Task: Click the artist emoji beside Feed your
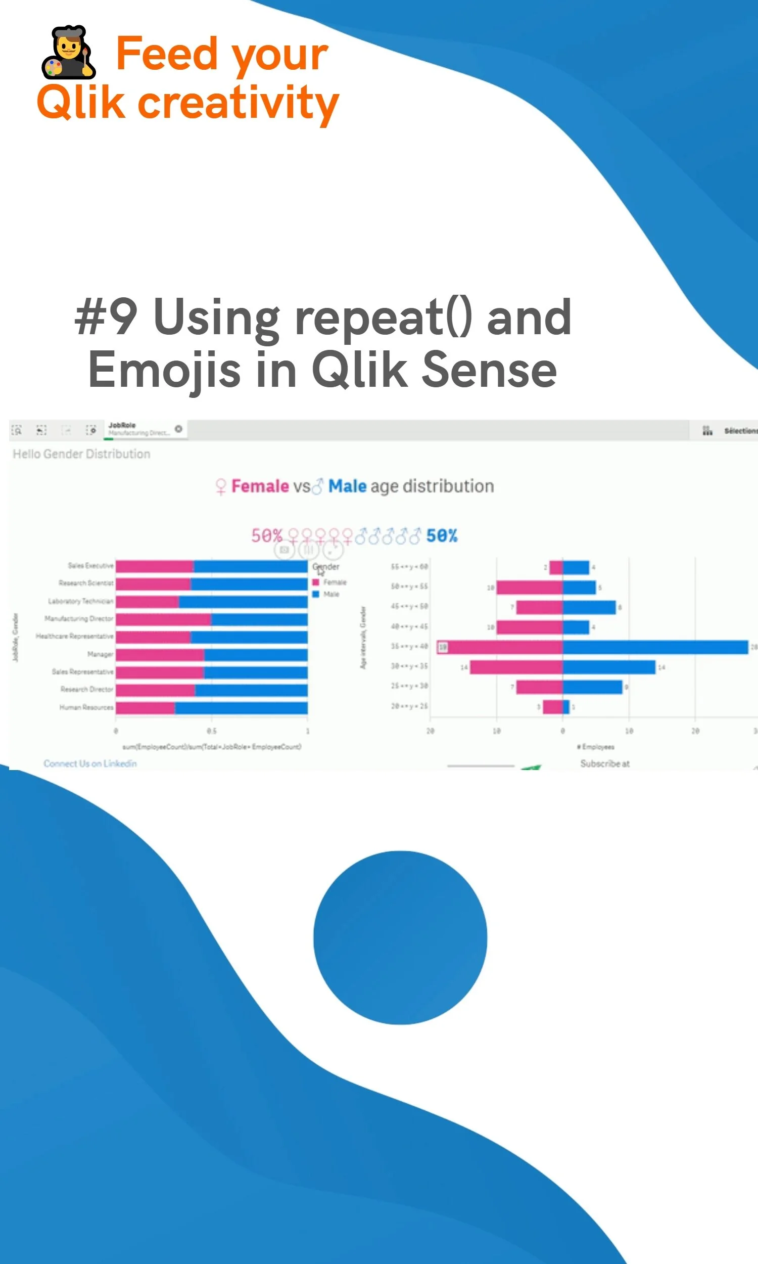[x=68, y=52]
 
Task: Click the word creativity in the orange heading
[x=238, y=103]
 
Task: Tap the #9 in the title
[x=106, y=318]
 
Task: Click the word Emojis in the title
[x=164, y=370]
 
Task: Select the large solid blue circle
[x=400, y=937]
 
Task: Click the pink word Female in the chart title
[x=260, y=486]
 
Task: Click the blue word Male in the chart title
[x=347, y=486]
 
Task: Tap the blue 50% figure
[x=442, y=535]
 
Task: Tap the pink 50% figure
[x=266, y=535]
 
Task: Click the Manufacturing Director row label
[x=79, y=619]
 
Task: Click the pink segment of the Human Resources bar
[x=145, y=708]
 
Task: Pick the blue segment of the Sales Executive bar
[x=250, y=566]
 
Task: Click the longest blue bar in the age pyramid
[x=655, y=647]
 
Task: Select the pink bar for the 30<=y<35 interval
[x=516, y=667]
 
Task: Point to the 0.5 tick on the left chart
[x=211, y=731]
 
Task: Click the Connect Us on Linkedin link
[x=90, y=763]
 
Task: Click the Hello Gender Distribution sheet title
[x=81, y=454]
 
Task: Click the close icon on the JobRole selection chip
[x=178, y=429]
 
